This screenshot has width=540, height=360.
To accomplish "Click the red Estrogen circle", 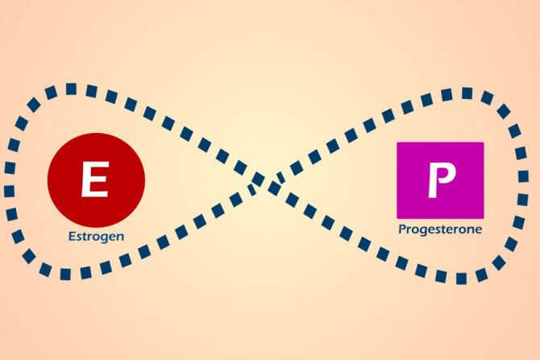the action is coord(96,180).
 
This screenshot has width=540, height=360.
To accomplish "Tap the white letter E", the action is coord(95,179).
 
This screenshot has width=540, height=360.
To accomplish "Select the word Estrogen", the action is coord(96,237).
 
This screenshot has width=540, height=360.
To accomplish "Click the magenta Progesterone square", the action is coord(440,180).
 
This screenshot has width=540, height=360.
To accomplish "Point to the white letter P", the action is coord(442,180).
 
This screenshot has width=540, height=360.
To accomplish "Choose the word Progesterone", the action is coord(440,230).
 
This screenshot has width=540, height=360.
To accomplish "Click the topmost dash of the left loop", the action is coord(71,89).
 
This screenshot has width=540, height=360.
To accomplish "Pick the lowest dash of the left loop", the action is coord(65,275).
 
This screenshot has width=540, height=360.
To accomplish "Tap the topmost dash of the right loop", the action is coord(467,93).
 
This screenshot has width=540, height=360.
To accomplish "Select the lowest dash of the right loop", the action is coord(461,279).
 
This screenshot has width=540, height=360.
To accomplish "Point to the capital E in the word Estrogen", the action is coord(71,236).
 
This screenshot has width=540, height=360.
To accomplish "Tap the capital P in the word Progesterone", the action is coord(402,229).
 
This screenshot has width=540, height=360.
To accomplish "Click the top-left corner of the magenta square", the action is coord(397,142).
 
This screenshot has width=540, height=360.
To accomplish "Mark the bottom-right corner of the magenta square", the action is coord(484,218).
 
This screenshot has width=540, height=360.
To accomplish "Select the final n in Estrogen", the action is coord(121,237).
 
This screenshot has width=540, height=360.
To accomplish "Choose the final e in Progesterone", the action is coord(479,230).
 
